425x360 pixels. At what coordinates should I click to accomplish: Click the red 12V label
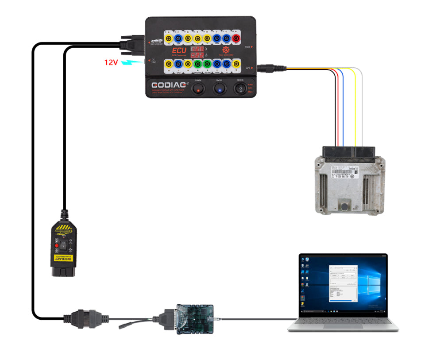(x=111, y=62)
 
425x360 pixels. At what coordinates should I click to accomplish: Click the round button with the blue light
(x=219, y=89)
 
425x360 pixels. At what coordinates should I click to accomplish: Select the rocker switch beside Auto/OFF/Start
(x=240, y=89)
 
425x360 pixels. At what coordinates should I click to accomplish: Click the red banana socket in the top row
(x=237, y=39)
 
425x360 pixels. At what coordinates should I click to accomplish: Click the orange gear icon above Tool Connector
(x=226, y=50)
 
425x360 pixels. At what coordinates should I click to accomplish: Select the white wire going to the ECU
(x=362, y=106)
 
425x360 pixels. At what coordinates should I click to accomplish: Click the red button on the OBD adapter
(x=56, y=245)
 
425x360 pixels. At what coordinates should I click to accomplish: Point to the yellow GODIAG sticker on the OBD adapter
(x=63, y=258)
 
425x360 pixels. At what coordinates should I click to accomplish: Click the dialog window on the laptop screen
(x=343, y=283)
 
